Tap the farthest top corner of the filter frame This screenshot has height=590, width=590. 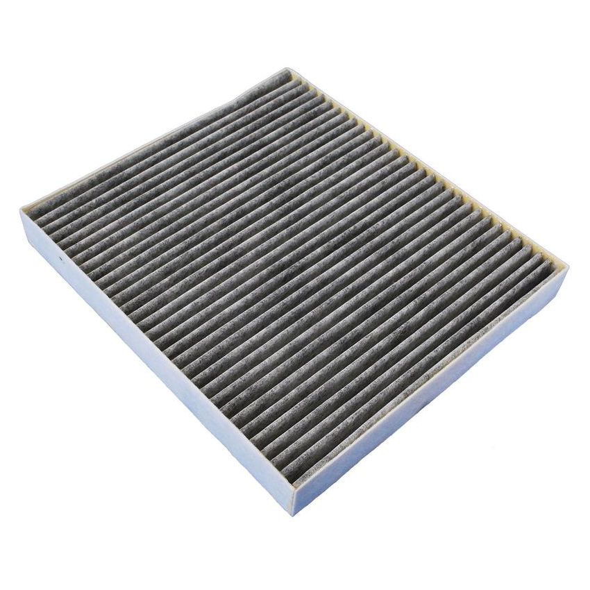pyautogui.click(x=287, y=69)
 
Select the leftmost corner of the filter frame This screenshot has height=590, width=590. pyautogui.click(x=21, y=209)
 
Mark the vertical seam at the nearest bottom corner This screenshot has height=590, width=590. pyautogui.click(x=294, y=501)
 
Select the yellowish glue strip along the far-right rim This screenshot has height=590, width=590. pyautogui.click(x=430, y=167)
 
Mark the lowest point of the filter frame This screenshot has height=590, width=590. pyautogui.click(x=294, y=514)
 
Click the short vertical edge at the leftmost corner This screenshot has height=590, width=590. pyautogui.click(x=22, y=221)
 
